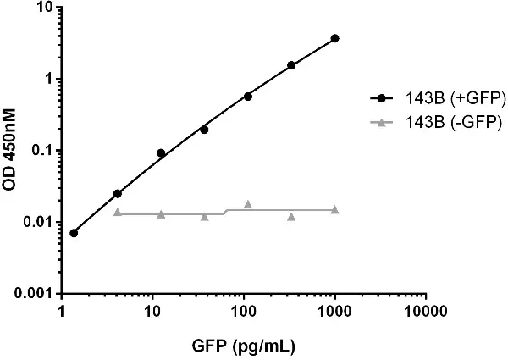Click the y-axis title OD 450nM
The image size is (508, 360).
(x=14, y=150)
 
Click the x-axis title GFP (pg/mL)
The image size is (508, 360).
(x=244, y=346)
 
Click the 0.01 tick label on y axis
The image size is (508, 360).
(x=39, y=222)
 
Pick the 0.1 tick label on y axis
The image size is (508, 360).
(x=41, y=151)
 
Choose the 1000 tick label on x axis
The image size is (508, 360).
(x=335, y=312)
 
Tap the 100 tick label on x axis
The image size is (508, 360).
(x=244, y=312)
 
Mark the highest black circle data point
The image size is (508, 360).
(x=335, y=38)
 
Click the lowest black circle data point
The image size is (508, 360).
(x=74, y=233)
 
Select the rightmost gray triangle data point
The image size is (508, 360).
(x=335, y=209)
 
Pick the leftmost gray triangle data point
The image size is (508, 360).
(x=118, y=212)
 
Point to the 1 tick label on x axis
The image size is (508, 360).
(x=61, y=312)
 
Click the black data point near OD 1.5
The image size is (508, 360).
(x=291, y=65)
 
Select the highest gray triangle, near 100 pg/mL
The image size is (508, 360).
(x=248, y=204)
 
